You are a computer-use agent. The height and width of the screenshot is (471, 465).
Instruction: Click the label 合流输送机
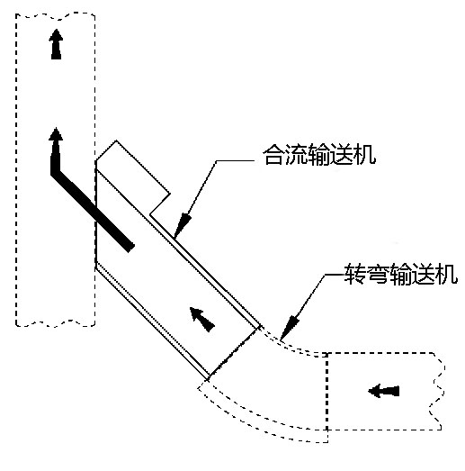point(319,155)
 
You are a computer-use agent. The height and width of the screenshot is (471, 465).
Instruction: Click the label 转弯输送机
point(401,274)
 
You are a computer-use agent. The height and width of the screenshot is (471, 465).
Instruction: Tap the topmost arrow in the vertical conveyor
point(56,44)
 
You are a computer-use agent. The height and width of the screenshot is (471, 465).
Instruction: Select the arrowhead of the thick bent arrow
point(56,134)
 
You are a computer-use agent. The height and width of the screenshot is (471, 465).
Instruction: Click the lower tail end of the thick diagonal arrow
point(130,248)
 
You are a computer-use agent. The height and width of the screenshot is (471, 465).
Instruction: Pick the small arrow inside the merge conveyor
point(201,319)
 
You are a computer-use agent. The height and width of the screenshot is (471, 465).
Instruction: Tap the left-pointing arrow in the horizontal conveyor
point(383,391)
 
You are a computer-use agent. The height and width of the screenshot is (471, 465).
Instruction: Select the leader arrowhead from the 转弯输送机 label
point(289,329)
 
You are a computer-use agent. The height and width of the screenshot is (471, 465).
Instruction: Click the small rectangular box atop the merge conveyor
point(133,177)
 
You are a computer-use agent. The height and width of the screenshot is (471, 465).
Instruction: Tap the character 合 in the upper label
point(273,155)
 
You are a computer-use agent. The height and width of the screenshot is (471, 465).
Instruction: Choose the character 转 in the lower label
point(355,274)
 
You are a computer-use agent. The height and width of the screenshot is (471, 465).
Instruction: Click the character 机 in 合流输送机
point(365,155)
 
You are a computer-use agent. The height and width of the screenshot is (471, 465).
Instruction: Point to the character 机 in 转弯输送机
point(447,274)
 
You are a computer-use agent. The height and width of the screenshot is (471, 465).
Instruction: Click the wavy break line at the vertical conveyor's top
point(56,16)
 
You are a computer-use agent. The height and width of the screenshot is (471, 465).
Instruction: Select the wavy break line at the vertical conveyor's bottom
point(56,323)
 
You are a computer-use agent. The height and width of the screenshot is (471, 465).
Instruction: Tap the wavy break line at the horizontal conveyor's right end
point(438,391)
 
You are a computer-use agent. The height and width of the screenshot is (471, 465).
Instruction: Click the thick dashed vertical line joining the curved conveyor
point(327,397)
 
